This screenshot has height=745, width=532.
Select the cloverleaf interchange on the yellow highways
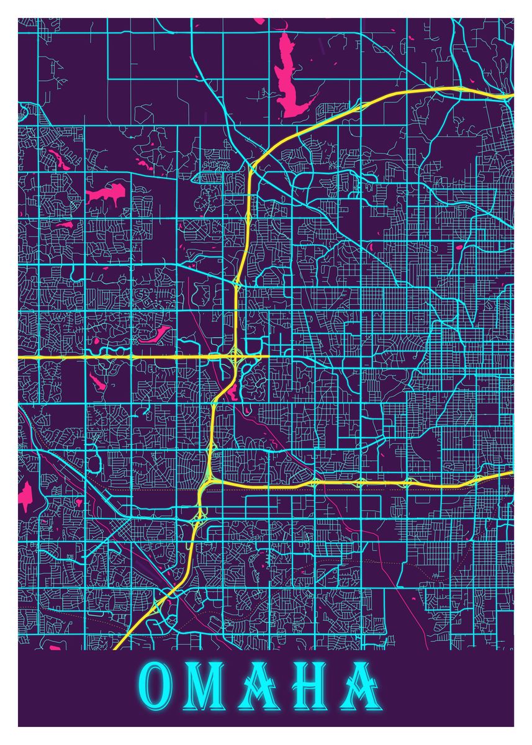click(x=235, y=357)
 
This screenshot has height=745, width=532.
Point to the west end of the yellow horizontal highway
click(x=20, y=358)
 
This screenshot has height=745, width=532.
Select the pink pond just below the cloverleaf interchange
click(x=232, y=391)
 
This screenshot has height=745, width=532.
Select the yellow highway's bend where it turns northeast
click(x=251, y=165)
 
